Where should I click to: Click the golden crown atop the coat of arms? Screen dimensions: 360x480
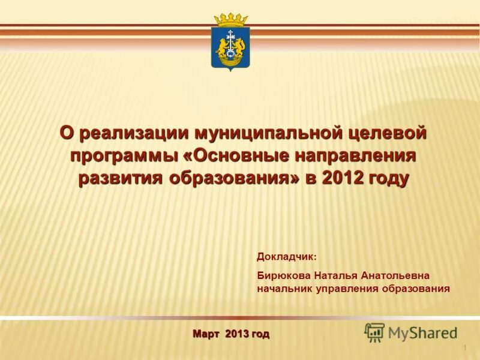coord(231,20)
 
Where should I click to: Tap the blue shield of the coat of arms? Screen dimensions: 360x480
coord(230,47)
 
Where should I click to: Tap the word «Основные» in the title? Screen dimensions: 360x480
coord(244,155)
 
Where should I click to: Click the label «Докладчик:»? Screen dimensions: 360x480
coord(286,257)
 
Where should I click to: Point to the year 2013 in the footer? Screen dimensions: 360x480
coord(237,334)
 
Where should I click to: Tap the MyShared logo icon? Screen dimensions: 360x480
coord(374,332)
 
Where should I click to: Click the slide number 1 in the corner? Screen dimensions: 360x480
coord(465,349)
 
